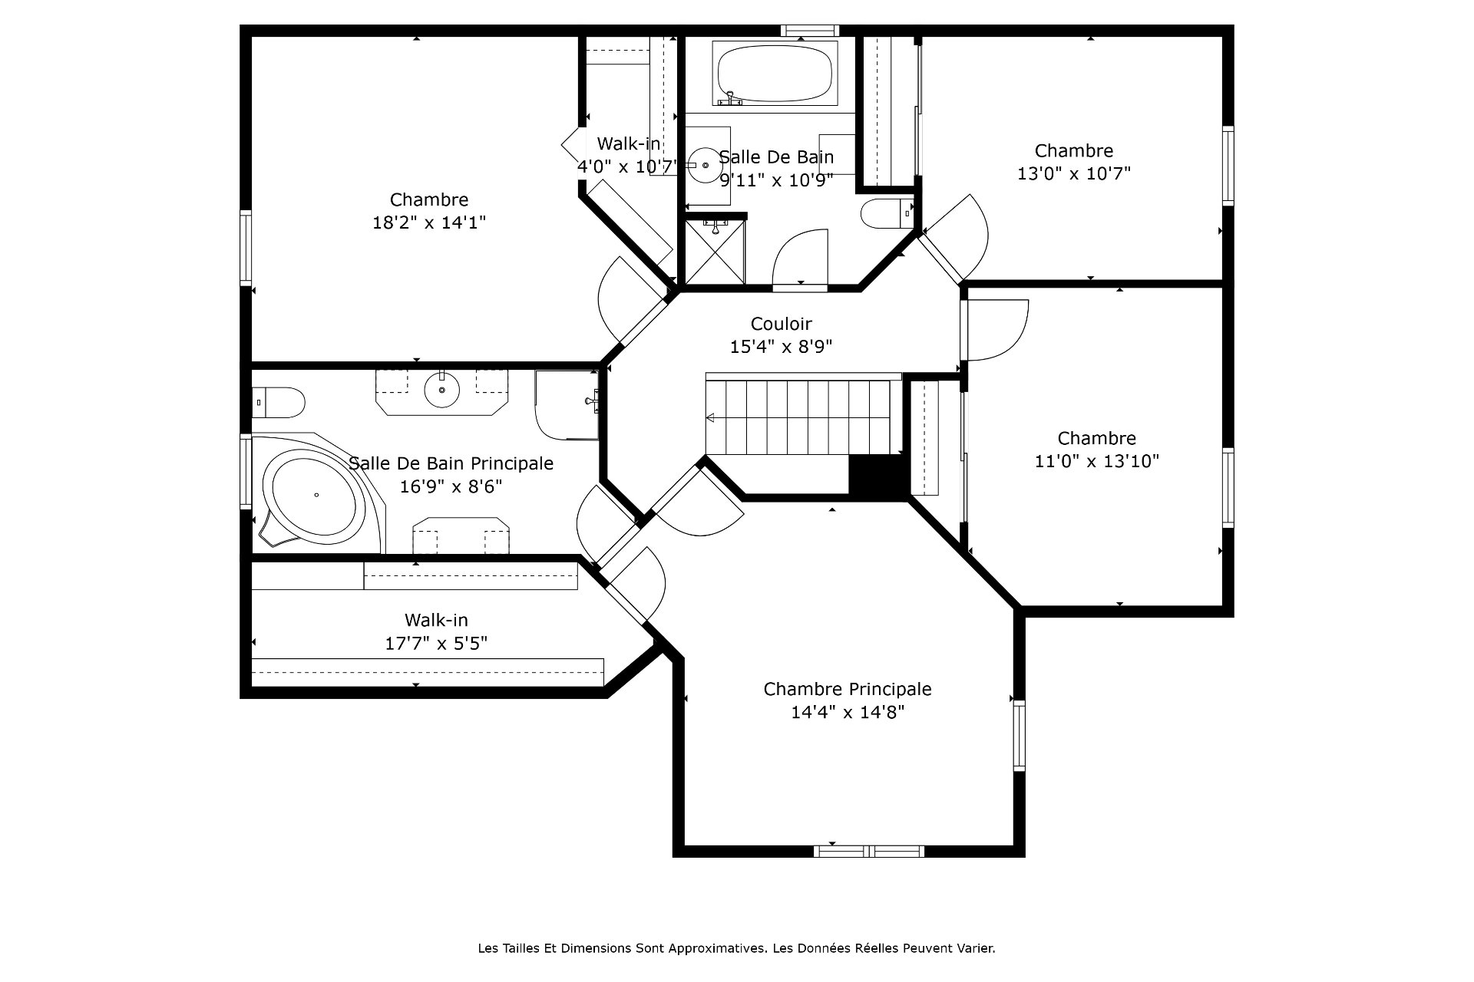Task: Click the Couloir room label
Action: tap(781, 324)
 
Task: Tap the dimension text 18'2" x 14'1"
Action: tap(429, 222)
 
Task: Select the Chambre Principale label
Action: tap(848, 689)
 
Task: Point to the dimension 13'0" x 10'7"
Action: tap(1074, 173)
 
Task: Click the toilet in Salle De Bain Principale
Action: tap(278, 402)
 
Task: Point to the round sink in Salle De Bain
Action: tap(705, 165)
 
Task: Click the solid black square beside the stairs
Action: tap(878, 476)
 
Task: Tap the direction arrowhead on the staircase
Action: tap(711, 418)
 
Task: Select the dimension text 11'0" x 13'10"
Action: tap(1097, 461)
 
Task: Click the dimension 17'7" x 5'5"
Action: tap(436, 643)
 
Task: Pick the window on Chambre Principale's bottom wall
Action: tap(869, 851)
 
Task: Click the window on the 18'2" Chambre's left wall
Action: tap(246, 248)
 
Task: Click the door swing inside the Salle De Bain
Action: tap(801, 257)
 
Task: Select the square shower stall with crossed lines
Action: tap(714, 252)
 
